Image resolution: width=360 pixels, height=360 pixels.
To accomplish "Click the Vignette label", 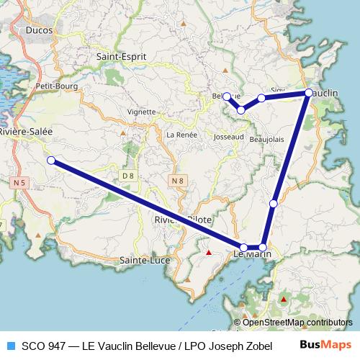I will pos(141,112).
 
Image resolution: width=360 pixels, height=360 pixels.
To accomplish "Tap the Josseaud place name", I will pos(229,136).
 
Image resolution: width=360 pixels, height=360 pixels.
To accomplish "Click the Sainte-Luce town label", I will pos(143,259).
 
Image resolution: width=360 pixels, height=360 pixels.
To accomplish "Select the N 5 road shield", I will pos(19,184).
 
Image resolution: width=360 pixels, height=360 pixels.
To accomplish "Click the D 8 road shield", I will pos(128,175).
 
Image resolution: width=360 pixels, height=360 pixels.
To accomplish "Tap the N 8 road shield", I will pos(179,179).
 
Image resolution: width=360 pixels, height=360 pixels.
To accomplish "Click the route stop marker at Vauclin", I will pos(308,93).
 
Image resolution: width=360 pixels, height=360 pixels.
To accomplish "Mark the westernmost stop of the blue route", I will pos(51,160).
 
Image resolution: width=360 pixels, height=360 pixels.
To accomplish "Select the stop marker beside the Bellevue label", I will pos(226,96).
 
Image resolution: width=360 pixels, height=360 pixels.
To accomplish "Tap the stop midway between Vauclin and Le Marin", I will pos(273,204).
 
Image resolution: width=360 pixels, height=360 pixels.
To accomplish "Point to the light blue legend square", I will pos(9,346).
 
